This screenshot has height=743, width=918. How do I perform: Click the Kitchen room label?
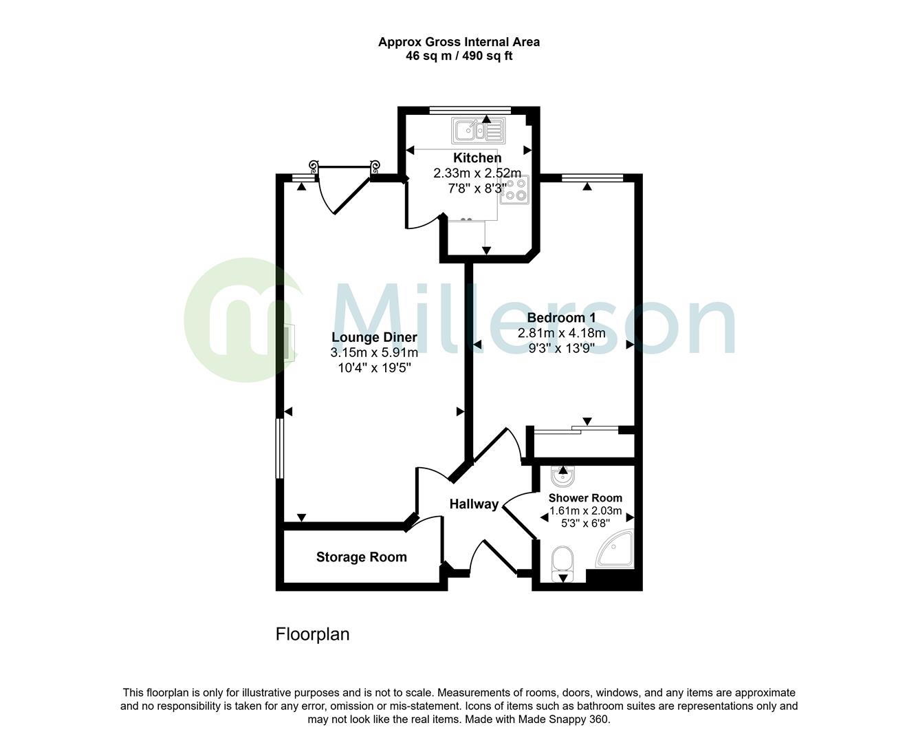point(477,158)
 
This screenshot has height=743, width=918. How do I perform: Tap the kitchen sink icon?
point(477,130)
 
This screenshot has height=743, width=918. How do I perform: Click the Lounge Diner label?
point(374,337)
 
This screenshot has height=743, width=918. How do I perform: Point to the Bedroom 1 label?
point(561,318)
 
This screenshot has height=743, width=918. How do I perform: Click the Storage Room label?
point(361,557)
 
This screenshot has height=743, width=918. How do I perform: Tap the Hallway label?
point(474,504)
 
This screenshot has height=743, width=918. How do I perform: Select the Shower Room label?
point(585,497)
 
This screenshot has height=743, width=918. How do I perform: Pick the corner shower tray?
point(616,551)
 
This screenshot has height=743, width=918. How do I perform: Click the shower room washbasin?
point(564,475)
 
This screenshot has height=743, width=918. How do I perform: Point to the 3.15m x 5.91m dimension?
point(374,353)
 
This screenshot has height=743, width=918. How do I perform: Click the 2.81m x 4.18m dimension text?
point(561,334)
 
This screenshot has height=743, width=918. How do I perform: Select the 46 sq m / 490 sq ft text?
point(459,56)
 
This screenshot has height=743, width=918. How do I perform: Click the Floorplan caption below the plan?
point(312,634)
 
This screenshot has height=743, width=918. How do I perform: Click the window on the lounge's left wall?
point(279,448)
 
